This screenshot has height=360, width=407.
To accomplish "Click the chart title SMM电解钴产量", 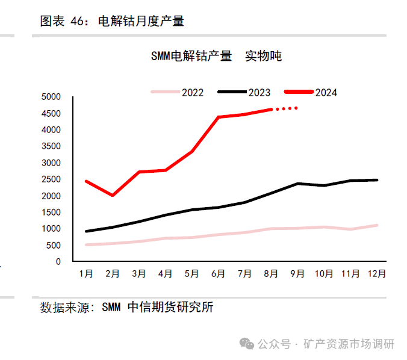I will click(191, 57).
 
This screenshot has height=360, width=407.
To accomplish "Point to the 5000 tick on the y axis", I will click(51, 97).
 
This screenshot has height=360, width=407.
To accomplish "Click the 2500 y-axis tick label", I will click(51, 179).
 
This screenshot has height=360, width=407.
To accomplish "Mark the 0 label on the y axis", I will click(58, 262).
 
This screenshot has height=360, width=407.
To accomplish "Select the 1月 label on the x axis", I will click(86, 274).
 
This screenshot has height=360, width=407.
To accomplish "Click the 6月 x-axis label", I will click(218, 274).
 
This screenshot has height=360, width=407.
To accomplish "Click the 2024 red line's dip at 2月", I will click(113, 195).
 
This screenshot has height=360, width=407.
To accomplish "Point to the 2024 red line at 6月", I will click(218, 117).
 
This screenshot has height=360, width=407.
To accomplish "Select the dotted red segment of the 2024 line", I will click(285, 108).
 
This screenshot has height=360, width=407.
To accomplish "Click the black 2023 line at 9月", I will click(297, 183).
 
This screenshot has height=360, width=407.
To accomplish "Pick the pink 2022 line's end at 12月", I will click(377, 225).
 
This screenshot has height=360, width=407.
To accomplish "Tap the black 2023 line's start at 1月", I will click(87, 231).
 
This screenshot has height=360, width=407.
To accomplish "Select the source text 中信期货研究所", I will click(171, 308).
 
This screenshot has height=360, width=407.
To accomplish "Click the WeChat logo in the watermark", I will click(246, 344).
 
